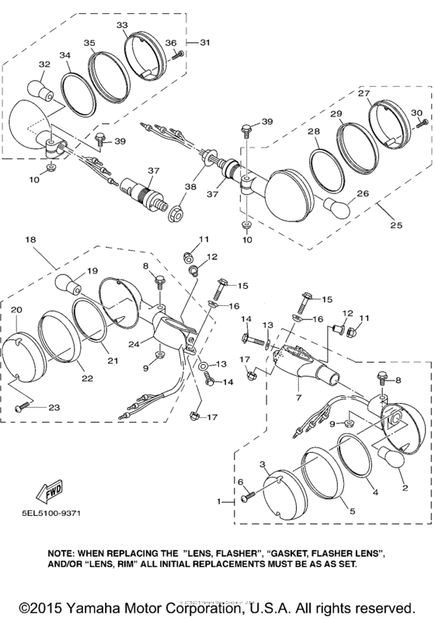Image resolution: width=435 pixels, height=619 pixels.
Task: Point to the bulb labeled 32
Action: (37, 87)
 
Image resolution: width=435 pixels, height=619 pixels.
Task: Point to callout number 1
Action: (219, 501)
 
